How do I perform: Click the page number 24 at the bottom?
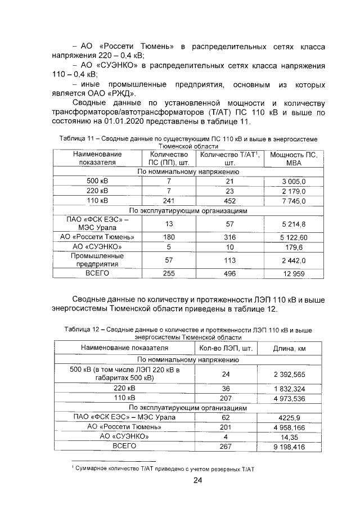click(197, 480)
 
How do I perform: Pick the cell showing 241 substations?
click(168, 201)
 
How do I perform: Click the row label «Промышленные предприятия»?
click(97, 260)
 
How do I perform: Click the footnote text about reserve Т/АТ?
click(163, 467)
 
